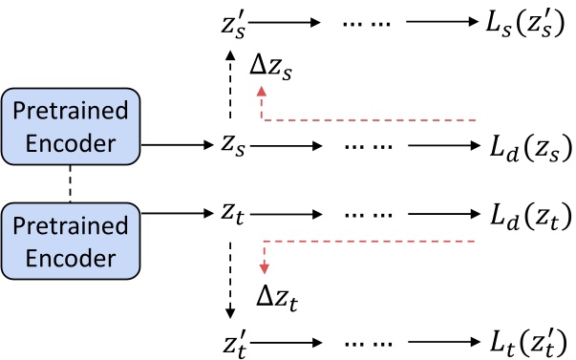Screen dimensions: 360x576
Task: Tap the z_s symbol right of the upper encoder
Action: (229, 145)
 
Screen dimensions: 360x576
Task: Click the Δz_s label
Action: (273, 69)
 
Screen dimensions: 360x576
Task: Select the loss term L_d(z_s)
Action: (524, 145)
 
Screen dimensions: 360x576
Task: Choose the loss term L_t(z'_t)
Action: (524, 340)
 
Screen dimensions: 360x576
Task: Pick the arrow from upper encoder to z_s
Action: (177, 145)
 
